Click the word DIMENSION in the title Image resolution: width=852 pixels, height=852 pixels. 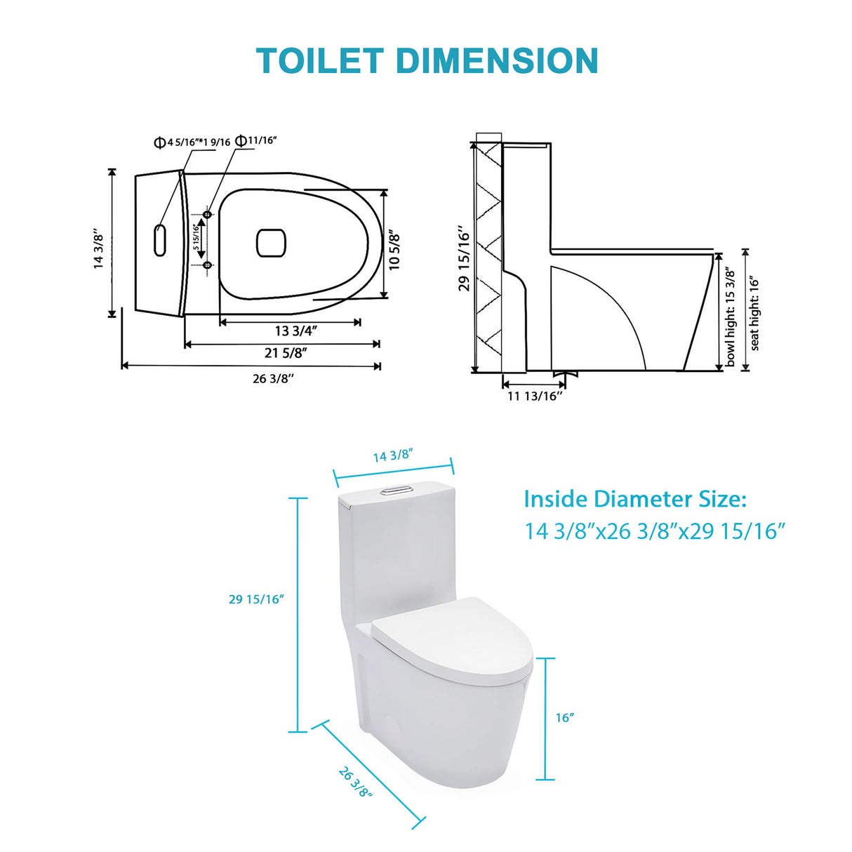click(x=497, y=61)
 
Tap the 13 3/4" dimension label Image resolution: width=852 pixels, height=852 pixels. click(x=295, y=331)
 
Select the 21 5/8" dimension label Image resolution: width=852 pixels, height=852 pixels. click(x=286, y=353)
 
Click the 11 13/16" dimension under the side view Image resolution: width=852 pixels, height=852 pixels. click(x=535, y=397)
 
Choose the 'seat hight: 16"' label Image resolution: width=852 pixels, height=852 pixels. click(x=754, y=313)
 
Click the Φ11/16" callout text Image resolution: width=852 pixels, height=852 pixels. click(x=256, y=140)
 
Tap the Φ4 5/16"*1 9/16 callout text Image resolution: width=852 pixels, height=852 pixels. click(x=192, y=142)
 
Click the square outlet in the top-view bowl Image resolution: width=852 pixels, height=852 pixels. click(x=271, y=243)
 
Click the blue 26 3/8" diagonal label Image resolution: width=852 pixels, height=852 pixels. click(x=355, y=782)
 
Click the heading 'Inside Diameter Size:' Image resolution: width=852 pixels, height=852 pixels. click(x=635, y=500)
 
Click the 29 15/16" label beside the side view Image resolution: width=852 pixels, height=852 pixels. click(x=464, y=258)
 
